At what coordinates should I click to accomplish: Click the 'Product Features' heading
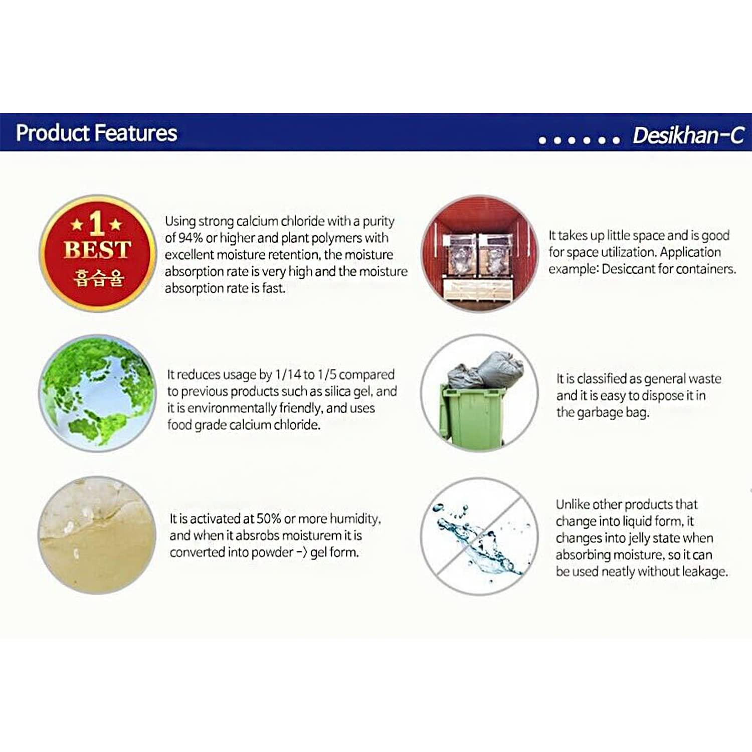[x=96, y=133]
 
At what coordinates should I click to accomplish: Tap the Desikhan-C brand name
[x=688, y=135]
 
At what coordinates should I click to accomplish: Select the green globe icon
[x=98, y=393]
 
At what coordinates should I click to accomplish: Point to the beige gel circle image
[x=97, y=535]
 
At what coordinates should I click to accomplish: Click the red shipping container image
[x=479, y=253]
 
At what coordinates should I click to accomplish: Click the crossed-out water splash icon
[x=479, y=536]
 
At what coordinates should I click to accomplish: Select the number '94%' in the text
[x=191, y=238]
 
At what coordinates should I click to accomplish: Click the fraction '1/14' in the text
[x=288, y=375]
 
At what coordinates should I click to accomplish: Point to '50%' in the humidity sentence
[x=269, y=519]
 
